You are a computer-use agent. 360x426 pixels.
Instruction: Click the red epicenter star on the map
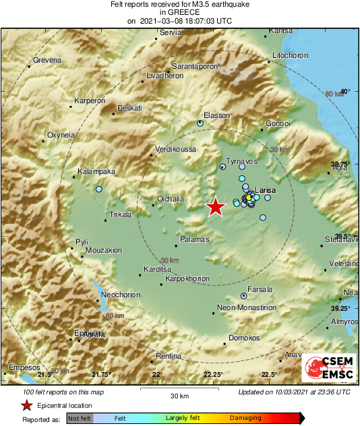coord(215,207)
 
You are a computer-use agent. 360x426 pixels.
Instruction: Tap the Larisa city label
coord(266,191)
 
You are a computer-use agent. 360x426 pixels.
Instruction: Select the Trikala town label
coord(121,215)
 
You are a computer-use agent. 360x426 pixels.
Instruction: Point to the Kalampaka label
coord(96,171)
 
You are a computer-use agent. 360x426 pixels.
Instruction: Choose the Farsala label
coord(260,289)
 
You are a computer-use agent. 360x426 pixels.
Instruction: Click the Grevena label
coord(47,60)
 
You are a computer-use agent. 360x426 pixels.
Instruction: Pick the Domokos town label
coord(244,337)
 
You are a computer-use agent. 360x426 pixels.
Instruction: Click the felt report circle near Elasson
coord(200,123)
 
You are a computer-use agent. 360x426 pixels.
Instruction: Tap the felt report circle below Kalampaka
coord(98,189)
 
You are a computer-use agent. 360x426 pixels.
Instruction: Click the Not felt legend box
coord(79,419)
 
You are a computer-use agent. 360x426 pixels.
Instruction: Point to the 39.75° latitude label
coord(342,164)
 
